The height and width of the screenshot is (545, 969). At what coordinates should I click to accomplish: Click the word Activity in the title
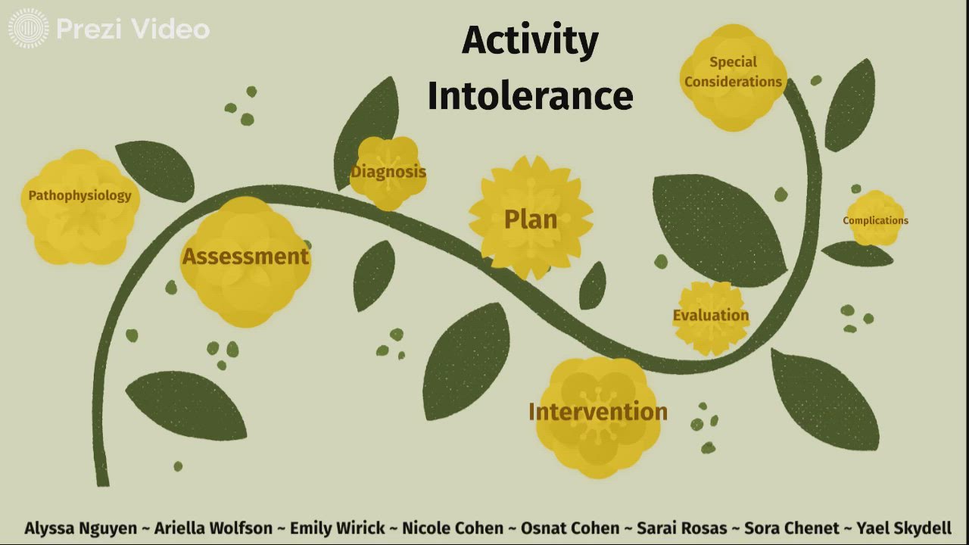pos(529,41)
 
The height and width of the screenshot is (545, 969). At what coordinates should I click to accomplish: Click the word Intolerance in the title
pos(530,97)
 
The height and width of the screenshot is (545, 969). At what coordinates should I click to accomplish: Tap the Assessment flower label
pos(245,257)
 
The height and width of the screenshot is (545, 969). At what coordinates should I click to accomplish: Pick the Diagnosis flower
pos(388,173)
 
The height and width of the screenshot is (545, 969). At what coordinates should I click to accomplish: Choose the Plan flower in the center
pos(531,220)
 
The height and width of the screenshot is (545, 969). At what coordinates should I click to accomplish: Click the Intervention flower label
pos(597,412)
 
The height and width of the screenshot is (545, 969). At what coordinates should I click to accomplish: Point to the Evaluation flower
pos(711,316)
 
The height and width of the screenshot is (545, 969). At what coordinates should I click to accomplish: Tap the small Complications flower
pos(875,220)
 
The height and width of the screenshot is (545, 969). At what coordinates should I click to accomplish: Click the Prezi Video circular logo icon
pos(28,29)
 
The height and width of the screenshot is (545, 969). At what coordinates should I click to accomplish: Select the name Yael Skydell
pos(904,528)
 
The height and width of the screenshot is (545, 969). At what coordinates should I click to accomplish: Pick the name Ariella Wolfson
pos(213,528)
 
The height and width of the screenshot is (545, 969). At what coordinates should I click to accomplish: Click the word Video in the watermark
pos(170,29)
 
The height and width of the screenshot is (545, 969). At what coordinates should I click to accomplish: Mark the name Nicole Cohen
pos(452,528)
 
